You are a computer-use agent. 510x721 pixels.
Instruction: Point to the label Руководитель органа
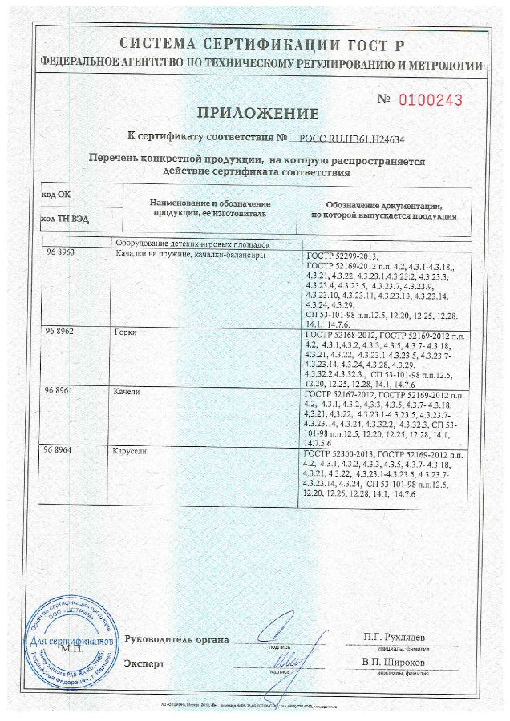[176, 639]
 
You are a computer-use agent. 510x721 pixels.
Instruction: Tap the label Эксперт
[144, 663]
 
